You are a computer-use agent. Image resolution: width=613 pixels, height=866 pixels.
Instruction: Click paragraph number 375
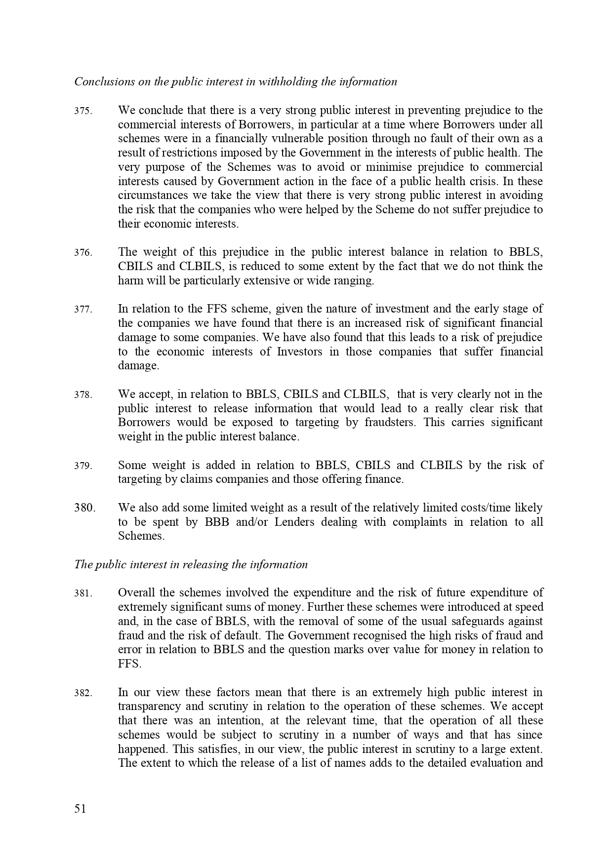[x=83, y=111]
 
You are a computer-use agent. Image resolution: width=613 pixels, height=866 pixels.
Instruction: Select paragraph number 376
[x=83, y=253]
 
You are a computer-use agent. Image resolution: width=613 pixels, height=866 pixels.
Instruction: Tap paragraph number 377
[x=83, y=310]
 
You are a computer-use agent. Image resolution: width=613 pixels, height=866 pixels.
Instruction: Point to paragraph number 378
[x=83, y=395]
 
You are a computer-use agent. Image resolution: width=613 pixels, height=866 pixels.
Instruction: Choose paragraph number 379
[x=83, y=466]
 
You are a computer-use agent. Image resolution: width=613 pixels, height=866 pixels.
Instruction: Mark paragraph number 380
[x=84, y=508]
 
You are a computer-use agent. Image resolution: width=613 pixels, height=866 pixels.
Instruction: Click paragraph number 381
[x=83, y=593]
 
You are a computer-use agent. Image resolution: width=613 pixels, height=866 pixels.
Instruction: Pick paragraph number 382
[x=83, y=693]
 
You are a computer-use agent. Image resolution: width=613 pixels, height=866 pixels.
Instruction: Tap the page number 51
[x=81, y=809]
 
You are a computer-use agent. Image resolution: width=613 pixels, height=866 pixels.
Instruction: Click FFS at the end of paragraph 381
[x=129, y=665]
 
